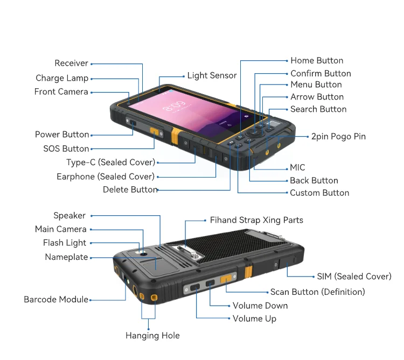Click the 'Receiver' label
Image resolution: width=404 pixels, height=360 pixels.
(71, 63)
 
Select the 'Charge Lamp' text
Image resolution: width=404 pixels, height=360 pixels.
(61, 78)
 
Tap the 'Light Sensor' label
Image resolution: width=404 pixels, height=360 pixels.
(212, 76)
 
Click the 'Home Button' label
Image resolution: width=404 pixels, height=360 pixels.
(317, 61)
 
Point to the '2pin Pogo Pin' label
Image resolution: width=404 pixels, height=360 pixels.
(338, 137)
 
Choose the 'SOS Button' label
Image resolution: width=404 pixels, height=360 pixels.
(66, 149)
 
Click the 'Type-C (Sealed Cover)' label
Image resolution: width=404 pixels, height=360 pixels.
(110, 162)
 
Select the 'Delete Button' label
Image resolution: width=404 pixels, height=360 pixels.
(130, 189)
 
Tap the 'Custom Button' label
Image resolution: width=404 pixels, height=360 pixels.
(319, 193)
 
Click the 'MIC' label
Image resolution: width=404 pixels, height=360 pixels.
(297, 168)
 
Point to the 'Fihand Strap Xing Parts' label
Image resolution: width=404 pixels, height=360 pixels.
(256, 220)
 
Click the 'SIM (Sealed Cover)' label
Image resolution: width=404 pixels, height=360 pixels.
(354, 277)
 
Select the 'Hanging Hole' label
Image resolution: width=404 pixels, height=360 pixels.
(152, 335)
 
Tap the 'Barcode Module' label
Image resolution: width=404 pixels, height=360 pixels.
(56, 299)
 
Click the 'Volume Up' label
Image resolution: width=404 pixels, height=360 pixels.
(254, 319)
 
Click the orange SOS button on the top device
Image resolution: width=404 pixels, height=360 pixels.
(155, 132)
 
